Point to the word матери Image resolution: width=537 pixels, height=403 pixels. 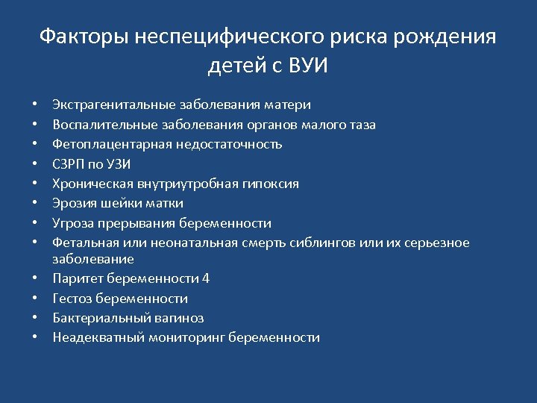(x=289, y=104)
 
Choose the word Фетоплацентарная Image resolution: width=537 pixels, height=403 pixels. (x=107, y=144)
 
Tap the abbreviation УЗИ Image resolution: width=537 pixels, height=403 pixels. (x=108, y=163)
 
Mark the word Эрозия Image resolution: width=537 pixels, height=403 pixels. (x=72, y=203)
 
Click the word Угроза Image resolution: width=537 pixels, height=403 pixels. (x=72, y=223)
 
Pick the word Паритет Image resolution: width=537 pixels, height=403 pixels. (x=78, y=278)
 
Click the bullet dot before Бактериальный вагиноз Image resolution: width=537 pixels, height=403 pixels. (x=36, y=318)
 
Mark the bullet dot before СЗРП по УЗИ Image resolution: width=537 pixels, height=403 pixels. (x=36, y=163)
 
